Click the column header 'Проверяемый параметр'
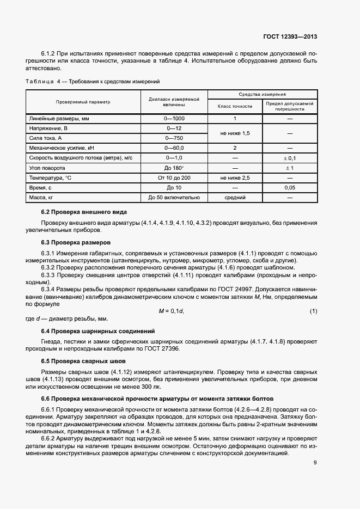pyautogui.click(x=83, y=102)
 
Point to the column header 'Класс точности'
pyautogui.click(x=235, y=106)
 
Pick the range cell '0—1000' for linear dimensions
pyautogui.click(x=174, y=118)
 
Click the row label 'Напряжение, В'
pyautogui.click(x=48, y=128)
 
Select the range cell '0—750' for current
pyautogui.click(x=174, y=138)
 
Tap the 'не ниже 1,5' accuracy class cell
pyautogui.click(x=235, y=133)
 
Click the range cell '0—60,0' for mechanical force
pyautogui.click(x=174, y=148)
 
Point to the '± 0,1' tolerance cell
pyautogui.click(x=290, y=157)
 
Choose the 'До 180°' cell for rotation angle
pyautogui.click(x=174, y=168)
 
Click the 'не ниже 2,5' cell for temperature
pyautogui.click(x=235, y=177)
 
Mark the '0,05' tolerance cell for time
pyautogui.click(x=290, y=187)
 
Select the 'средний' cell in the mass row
pyautogui.click(x=235, y=197)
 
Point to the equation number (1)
pyautogui.click(x=313, y=310)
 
